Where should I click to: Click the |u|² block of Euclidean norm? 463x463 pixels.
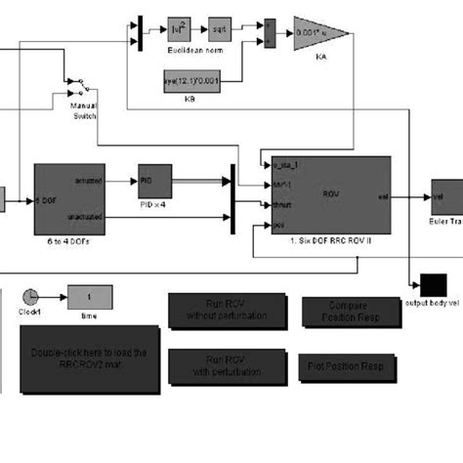coord(177,28)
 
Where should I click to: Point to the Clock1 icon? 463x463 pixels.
coord(30,295)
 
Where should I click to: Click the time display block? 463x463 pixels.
coord(89,297)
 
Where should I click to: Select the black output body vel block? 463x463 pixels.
coord(431,284)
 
